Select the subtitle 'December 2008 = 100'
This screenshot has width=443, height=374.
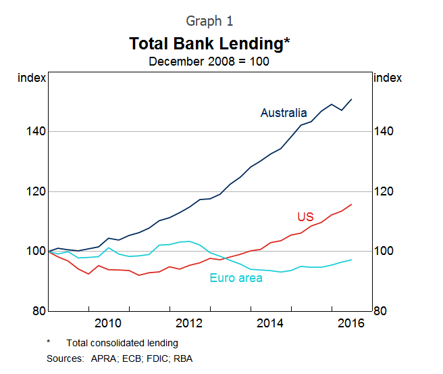209,62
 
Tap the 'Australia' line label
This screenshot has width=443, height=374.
284,113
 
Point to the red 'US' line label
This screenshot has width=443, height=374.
305,216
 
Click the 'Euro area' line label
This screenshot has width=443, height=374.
236,277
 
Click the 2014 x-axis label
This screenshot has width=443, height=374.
270,323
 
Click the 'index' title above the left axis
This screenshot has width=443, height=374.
32,78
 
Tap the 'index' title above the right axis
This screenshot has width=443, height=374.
388,78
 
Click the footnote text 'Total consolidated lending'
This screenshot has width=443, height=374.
122,343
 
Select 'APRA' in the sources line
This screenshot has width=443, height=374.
103,358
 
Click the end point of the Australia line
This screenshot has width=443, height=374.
351,99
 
